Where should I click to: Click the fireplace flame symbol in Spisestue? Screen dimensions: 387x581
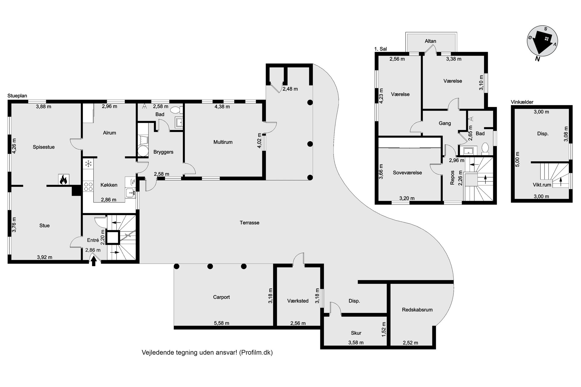coord(64,180)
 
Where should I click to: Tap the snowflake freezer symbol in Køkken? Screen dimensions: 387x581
coord(88,164)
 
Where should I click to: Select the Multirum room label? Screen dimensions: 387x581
coord(223,142)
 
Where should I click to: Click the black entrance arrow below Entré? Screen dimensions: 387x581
coord(94,261)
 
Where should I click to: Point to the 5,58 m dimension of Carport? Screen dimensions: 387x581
coord(221,323)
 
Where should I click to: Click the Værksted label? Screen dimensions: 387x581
coord(298,301)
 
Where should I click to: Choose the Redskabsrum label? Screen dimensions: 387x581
coord(417,310)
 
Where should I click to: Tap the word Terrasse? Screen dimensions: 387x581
coord(250,223)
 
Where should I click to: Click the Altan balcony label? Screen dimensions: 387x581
coord(430,41)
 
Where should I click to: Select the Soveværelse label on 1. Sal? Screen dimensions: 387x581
coord(407,173)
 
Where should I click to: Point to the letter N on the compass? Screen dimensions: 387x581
coord(537,59)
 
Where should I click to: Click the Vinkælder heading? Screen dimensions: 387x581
coord(522,102)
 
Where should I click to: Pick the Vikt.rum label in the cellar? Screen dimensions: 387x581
coord(542,185)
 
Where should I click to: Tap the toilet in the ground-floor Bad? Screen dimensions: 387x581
coord(176,110)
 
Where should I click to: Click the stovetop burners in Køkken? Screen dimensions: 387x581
coord(88,187)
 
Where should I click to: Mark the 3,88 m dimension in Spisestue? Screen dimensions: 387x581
coord(43,107)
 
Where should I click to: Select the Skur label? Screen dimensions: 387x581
coord(356,333)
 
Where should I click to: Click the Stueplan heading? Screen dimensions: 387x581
coord(17,96)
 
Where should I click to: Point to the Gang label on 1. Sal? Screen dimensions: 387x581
coord(445,123)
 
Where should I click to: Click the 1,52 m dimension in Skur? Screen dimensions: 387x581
coord(384,329)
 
